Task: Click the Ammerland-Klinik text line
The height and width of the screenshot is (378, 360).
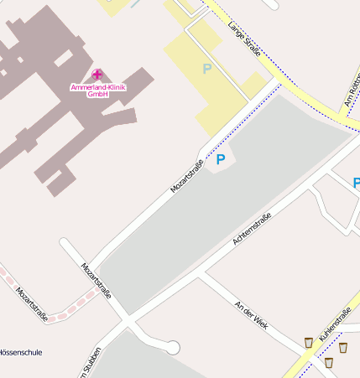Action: tap(97, 87)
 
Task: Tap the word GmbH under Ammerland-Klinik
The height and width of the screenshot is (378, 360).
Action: tap(97, 94)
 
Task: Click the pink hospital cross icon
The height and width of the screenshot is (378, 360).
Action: tap(97, 75)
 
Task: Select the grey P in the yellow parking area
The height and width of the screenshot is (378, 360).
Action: tap(207, 69)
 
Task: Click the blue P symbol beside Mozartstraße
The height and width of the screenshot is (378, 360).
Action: tap(221, 158)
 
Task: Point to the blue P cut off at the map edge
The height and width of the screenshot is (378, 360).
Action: tap(356, 183)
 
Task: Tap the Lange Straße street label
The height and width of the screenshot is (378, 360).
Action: tap(243, 40)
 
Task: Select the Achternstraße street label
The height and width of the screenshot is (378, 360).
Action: tap(251, 230)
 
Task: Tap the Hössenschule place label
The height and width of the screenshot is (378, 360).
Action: tap(18, 353)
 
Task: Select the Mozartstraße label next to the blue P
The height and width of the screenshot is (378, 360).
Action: tap(188, 175)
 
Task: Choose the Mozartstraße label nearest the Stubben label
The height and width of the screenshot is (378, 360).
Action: tap(96, 280)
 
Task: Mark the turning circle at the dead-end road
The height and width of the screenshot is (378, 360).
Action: tap(173, 347)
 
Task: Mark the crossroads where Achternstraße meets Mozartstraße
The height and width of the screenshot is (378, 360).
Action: tap(127, 321)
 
